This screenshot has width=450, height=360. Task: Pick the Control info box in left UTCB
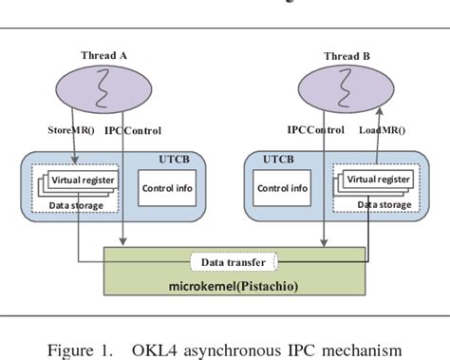(168, 187)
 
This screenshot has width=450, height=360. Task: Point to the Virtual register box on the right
(378, 178)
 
